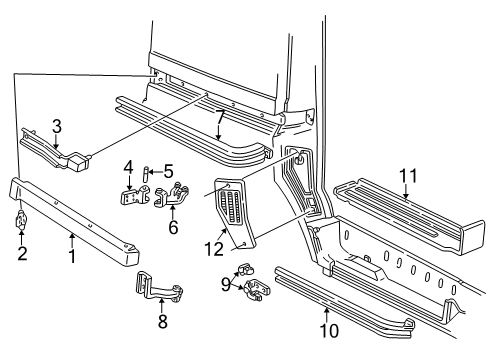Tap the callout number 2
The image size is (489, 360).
coord(22,253)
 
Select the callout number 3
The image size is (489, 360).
coord(57,126)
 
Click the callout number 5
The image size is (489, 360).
coord(168,171)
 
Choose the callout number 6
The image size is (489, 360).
coord(172,227)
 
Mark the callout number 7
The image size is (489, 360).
coord(219,121)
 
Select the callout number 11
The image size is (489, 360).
coord(405,176)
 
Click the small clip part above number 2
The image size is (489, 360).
coord(21,220)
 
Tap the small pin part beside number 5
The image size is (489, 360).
coord(147,172)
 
